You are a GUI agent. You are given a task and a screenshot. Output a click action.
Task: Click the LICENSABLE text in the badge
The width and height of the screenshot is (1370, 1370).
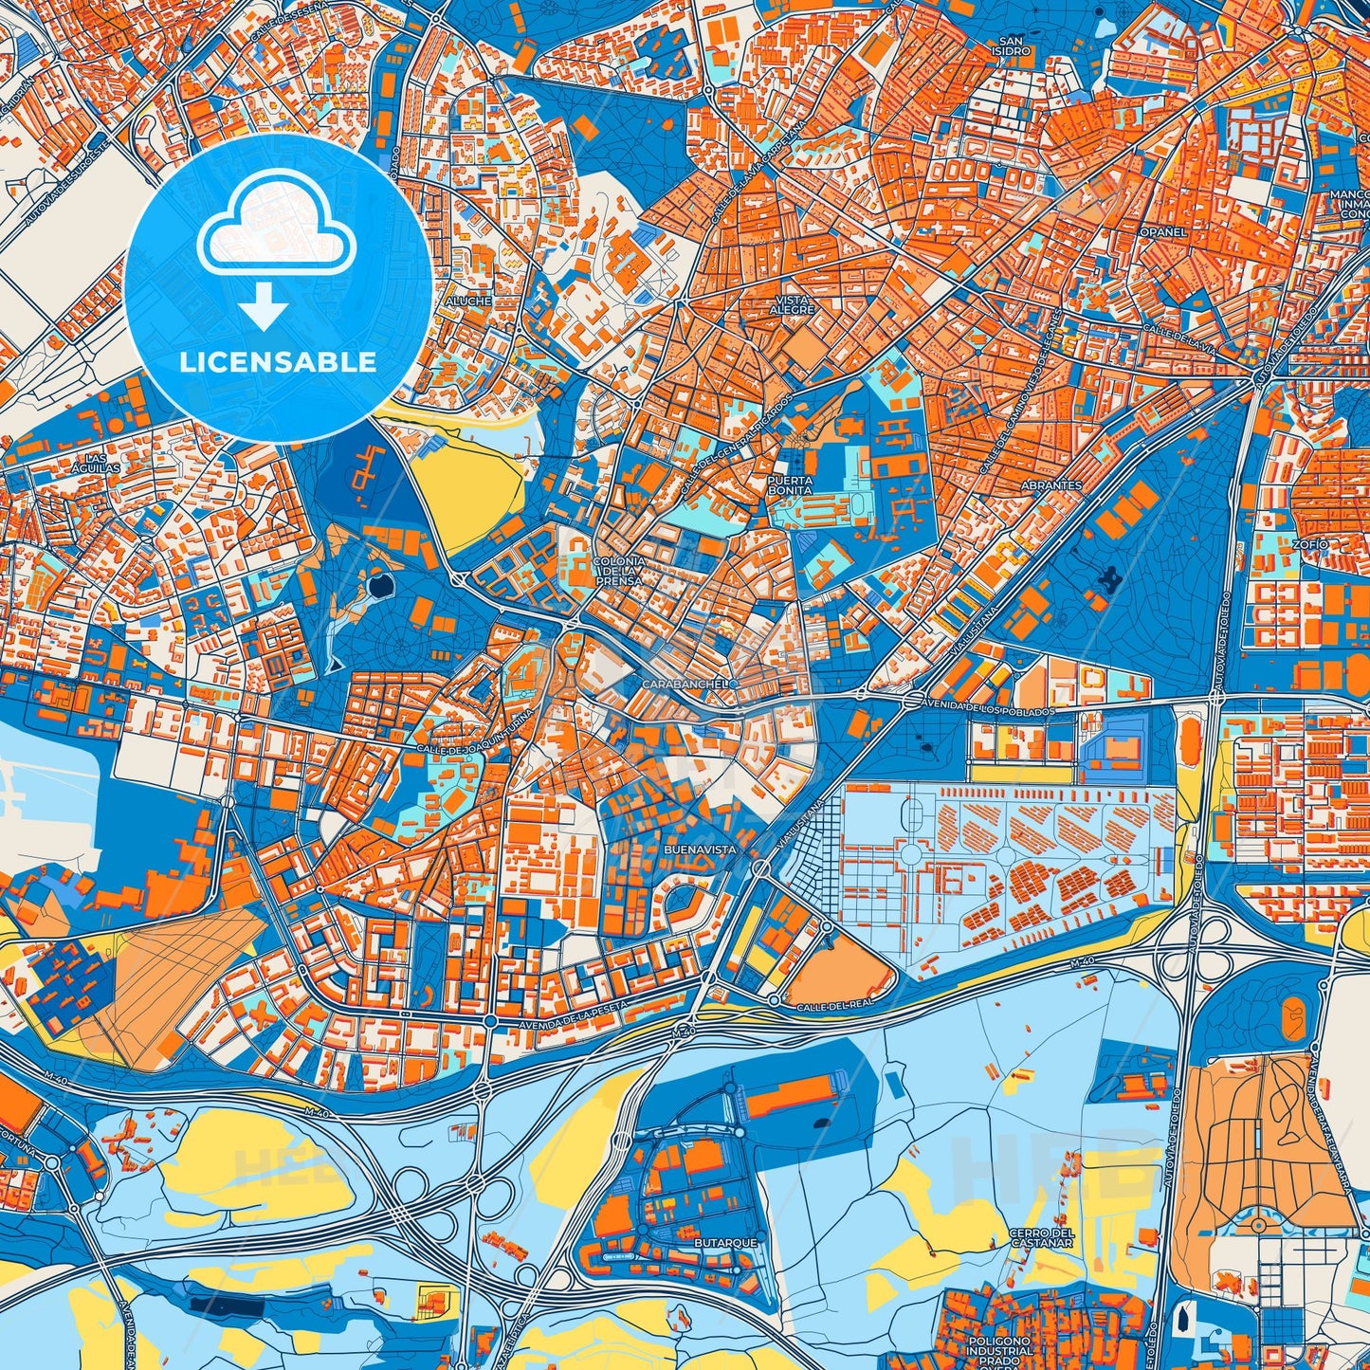point(277,361)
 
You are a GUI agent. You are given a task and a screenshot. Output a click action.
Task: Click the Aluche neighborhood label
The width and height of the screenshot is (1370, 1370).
point(468,301)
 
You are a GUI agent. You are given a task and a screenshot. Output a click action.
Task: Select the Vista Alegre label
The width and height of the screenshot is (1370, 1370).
point(791,304)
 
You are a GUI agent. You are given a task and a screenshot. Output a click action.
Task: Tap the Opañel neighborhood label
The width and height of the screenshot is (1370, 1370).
point(1163,231)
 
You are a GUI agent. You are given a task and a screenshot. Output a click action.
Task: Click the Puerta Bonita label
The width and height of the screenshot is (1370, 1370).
point(790,485)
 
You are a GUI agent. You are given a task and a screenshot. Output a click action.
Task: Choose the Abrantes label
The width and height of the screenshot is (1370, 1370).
point(1051,484)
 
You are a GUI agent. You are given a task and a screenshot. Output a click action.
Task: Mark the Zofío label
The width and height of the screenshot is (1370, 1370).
point(1310,544)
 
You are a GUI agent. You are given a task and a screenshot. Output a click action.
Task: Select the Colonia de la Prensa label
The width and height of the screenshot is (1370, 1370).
point(619,570)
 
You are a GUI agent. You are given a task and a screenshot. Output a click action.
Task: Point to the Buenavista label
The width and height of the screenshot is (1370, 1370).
point(702,849)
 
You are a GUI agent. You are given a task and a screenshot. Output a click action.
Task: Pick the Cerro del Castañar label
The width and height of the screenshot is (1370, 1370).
point(1041,1238)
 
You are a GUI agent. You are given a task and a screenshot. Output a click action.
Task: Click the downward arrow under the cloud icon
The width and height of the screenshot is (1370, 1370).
point(265,308)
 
